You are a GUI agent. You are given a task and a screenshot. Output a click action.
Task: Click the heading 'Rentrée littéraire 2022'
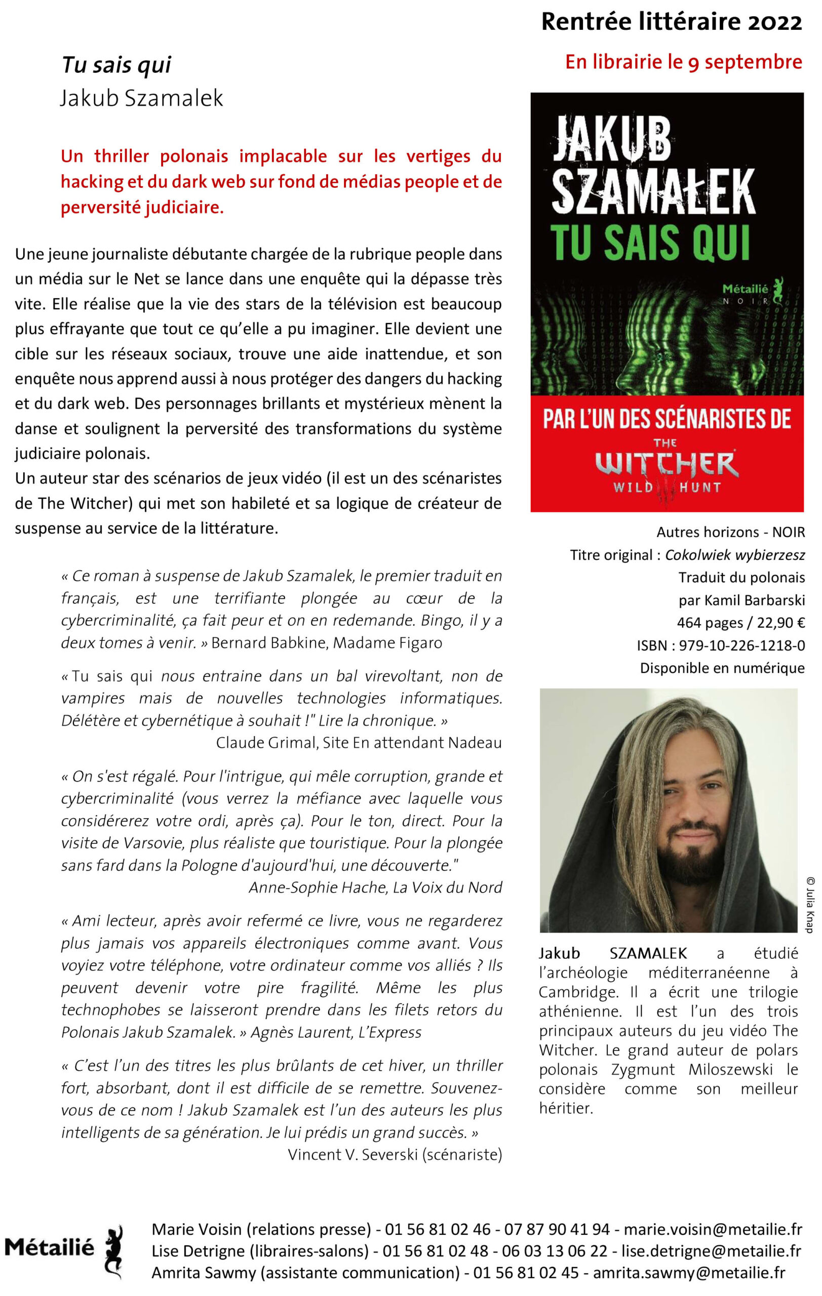[671, 22]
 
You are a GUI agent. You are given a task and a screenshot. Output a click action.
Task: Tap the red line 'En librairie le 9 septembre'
[683, 62]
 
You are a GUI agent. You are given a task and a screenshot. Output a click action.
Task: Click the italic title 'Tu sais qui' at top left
[116, 65]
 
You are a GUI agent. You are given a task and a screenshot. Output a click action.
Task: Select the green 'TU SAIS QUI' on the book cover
[650, 244]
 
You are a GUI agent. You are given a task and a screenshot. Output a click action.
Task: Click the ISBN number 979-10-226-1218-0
[742, 645]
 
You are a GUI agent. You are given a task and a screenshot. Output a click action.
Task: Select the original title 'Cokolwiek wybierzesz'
[735, 554]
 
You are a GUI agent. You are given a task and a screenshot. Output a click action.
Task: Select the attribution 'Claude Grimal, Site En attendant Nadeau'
[359, 743]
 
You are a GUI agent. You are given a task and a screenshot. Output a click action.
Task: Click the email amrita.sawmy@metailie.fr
[689, 1272]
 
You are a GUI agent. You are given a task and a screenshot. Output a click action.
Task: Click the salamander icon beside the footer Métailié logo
[114, 1251]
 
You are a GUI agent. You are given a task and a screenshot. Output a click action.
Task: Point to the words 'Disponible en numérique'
[722, 667]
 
